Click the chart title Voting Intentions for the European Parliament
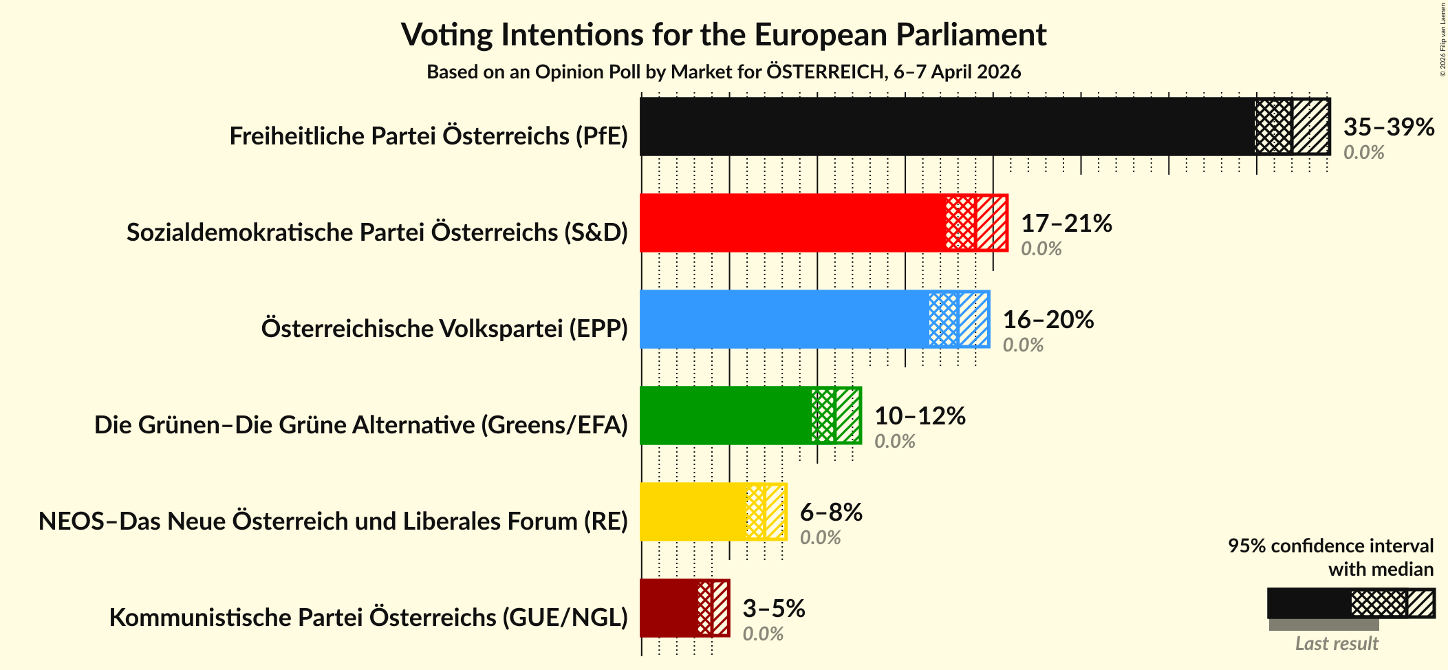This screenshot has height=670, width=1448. [x=723, y=35]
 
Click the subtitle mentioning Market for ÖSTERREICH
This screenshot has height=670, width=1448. [x=723, y=72]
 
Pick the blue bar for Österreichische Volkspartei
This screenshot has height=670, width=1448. [x=784, y=319]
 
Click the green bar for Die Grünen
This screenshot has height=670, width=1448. [x=726, y=415]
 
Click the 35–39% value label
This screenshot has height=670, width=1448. [x=1388, y=127]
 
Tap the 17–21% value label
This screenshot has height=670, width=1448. [x=1066, y=224]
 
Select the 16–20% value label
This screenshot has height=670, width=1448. [x=1048, y=320]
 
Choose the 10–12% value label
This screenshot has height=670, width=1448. [x=919, y=416]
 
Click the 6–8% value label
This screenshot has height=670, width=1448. [x=830, y=512]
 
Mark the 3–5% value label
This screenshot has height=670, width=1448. [x=773, y=609]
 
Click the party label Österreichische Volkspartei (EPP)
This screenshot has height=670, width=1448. [x=444, y=329]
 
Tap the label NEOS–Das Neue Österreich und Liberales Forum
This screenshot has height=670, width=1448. [x=333, y=521]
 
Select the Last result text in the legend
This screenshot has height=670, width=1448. [x=1336, y=644]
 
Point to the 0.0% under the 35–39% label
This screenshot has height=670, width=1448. [x=1363, y=153]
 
